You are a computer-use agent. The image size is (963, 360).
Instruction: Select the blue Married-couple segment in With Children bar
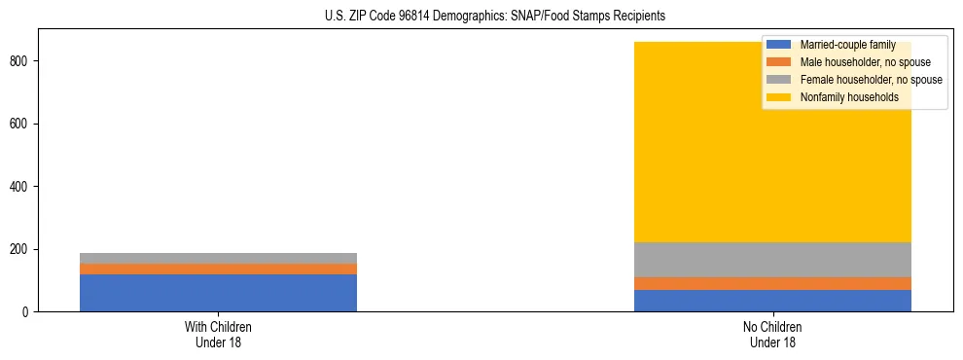pyautogui.click(x=218, y=293)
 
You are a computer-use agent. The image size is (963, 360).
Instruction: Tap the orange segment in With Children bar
pyautogui.click(x=218, y=269)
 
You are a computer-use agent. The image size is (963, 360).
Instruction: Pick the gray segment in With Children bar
pyautogui.click(x=218, y=258)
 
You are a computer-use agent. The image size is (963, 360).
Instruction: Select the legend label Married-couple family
pyautogui.click(x=847, y=45)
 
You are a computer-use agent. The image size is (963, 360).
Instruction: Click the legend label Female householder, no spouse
pyautogui.click(x=871, y=80)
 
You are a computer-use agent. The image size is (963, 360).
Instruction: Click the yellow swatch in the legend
pyautogui.click(x=779, y=97)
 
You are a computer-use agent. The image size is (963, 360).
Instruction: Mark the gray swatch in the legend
pyautogui.click(x=779, y=80)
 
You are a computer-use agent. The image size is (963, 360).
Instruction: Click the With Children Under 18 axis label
pyautogui.click(x=218, y=335)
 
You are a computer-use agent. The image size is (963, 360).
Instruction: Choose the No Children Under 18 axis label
pyautogui.click(x=772, y=335)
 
